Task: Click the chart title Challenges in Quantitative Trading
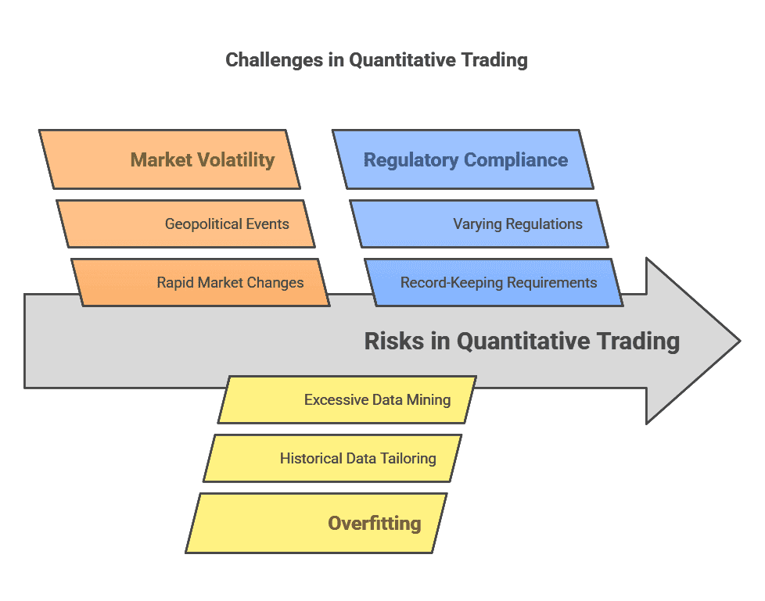pyautogui.click(x=376, y=60)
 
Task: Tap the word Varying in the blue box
pyautogui.click(x=477, y=224)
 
